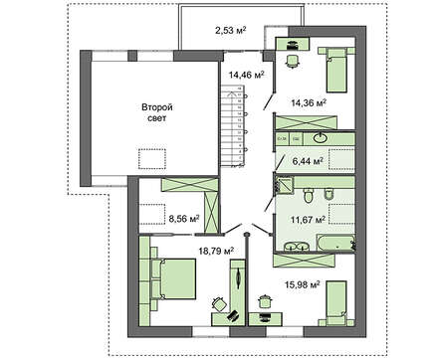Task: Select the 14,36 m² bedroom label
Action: (308, 101)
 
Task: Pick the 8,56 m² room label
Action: (183, 217)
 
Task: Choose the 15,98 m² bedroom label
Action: (300, 284)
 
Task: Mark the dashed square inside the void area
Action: (152, 158)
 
